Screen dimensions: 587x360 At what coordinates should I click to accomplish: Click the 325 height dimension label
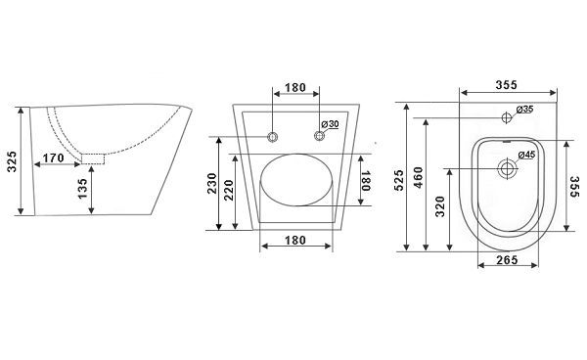coord(12,161)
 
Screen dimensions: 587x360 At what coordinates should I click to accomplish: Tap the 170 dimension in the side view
coord(53,158)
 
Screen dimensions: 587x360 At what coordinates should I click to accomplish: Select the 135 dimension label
coord(82,189)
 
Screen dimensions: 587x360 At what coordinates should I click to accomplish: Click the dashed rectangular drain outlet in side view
coord(93,159)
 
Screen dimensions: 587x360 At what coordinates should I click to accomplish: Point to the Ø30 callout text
coord(330,124)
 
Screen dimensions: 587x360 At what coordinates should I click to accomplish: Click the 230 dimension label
coord(212,183)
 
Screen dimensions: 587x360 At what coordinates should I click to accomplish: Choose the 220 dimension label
coord(228,190)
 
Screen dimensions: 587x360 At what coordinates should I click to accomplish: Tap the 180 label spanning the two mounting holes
coord(295,88)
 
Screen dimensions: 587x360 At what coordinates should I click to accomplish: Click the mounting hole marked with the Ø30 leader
coord(319,136)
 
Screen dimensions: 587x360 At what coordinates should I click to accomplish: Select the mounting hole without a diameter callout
coord(273,137)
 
